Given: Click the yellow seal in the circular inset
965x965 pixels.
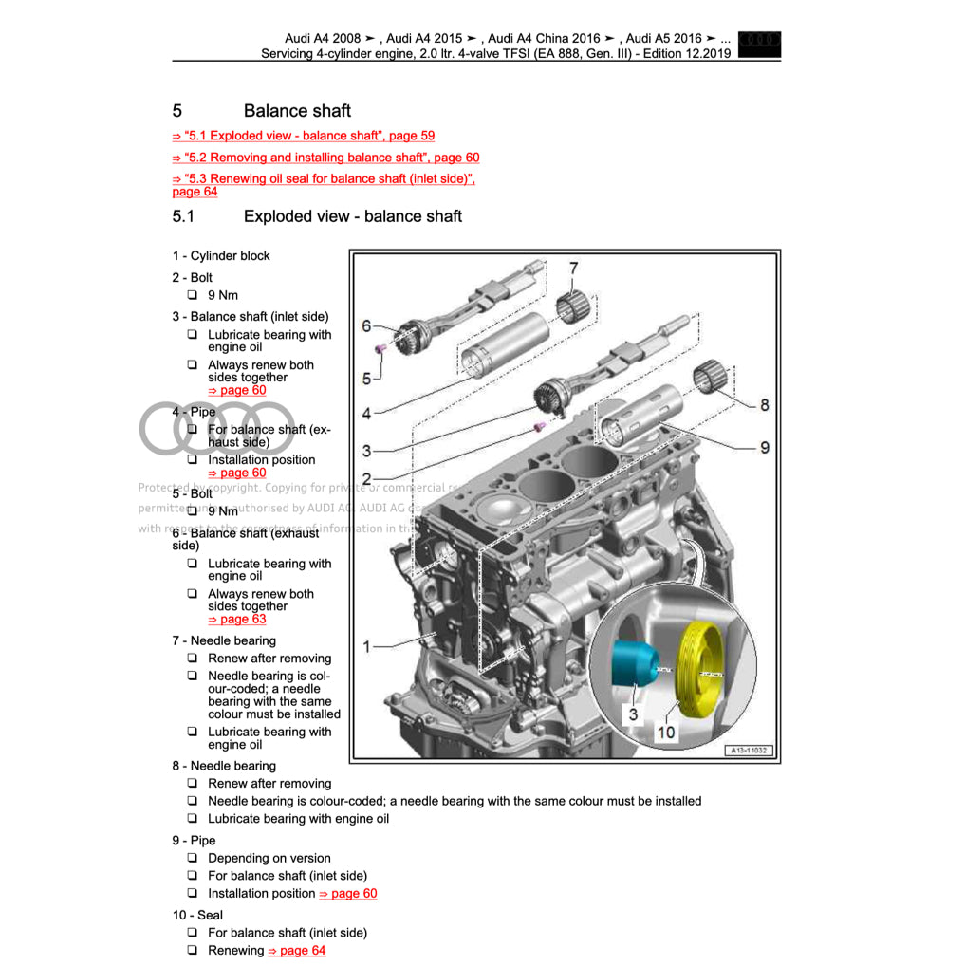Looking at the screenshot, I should click(701, 660).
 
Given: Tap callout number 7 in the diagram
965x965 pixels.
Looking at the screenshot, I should click(573, 269).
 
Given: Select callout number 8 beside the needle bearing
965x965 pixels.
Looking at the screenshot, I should click(764, 404).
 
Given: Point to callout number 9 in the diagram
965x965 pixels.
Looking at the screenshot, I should click(764, 447).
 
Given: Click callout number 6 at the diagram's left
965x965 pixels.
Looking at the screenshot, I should click(366, 326).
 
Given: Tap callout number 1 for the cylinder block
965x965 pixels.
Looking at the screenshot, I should click(367, 646).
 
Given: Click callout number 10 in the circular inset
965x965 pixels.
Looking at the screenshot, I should click(666, 732).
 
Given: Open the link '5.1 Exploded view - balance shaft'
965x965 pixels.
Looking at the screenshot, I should click(304, 136).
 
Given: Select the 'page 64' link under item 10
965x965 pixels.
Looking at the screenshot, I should click(296, 950).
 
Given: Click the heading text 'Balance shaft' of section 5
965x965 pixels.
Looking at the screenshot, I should click(297, 111).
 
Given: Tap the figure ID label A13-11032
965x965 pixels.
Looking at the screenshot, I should click(750, 751).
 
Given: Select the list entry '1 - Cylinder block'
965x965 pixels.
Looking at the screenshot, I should click(221, 255).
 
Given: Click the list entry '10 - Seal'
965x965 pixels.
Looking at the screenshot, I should click(197, 915).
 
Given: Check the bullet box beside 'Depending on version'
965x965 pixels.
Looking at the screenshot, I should click(192, 858).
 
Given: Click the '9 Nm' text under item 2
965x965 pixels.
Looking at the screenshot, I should click(223, 295).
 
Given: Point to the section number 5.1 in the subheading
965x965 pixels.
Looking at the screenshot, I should click(183, 216).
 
